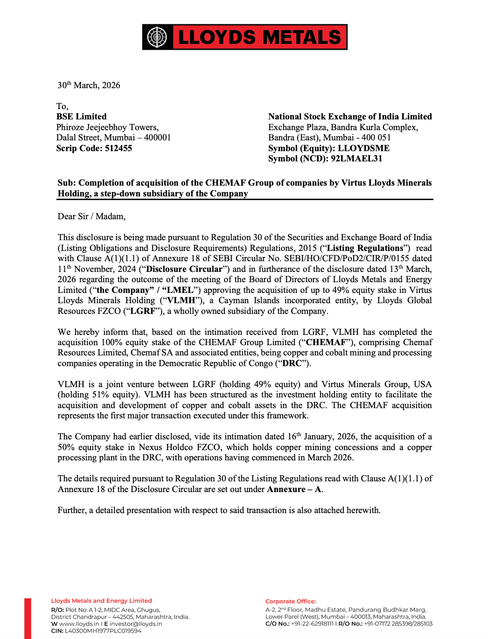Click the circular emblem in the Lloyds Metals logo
tap(157, 37)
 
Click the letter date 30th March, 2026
tap(89, 85)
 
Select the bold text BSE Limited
tap(81, 117)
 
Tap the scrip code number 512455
tap(119, 148)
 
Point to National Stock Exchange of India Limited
tap(350, 117)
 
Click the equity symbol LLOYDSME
tap(363, 148)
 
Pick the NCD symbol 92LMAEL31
tap(356, 159)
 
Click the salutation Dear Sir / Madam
tap(91, 216)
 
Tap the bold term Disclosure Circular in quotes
tap(184, 269)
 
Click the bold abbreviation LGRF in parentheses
tap(143, 311)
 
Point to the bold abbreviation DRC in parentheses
tap(292, 363)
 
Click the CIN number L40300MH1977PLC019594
tap(103, 631)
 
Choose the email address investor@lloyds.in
tap(136, 624)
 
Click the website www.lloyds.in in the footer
tap(79, 624)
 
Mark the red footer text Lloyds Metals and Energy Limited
tap(101, 601)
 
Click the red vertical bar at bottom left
tap(28, 618)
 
